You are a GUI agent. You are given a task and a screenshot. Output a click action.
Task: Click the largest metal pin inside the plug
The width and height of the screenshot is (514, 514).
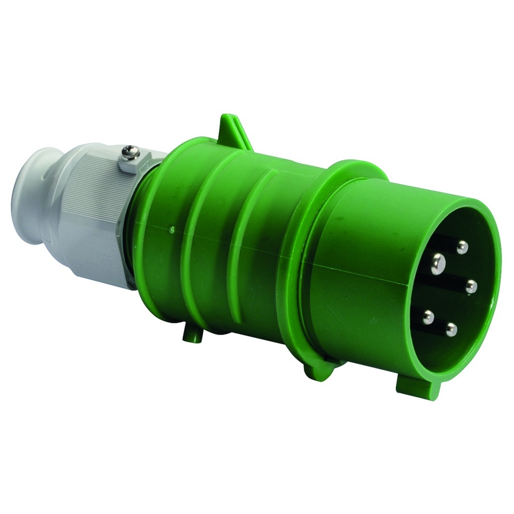438,264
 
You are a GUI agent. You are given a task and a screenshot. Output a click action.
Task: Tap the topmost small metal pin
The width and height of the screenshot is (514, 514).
462,248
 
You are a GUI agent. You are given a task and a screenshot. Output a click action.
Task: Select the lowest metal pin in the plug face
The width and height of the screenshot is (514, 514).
451,329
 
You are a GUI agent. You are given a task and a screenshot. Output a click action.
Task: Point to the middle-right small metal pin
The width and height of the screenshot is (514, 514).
471,287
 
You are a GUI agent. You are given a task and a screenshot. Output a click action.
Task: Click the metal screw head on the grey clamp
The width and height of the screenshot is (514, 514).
129,152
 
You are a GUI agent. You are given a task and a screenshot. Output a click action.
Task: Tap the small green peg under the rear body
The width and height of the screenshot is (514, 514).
192,335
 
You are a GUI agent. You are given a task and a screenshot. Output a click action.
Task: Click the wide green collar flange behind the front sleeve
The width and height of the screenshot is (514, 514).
308,257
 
